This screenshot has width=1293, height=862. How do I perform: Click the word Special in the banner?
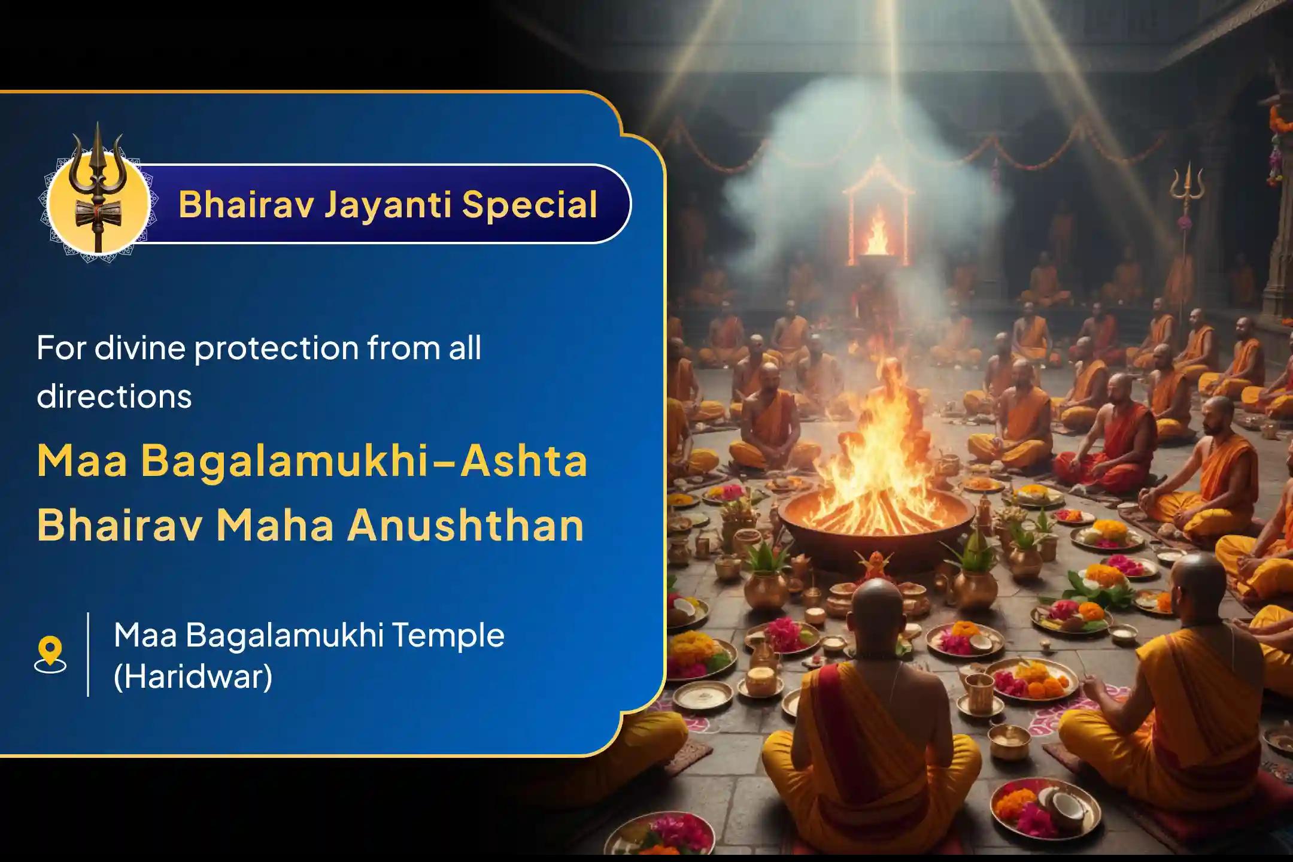(x=529, y=205)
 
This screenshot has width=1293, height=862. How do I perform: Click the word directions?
(x=114, y=396)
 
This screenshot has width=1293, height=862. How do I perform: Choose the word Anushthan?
(x=466, y=525)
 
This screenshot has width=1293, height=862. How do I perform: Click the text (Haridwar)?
(x=193, y=677)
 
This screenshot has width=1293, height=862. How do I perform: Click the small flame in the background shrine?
(x=877, y=236)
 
